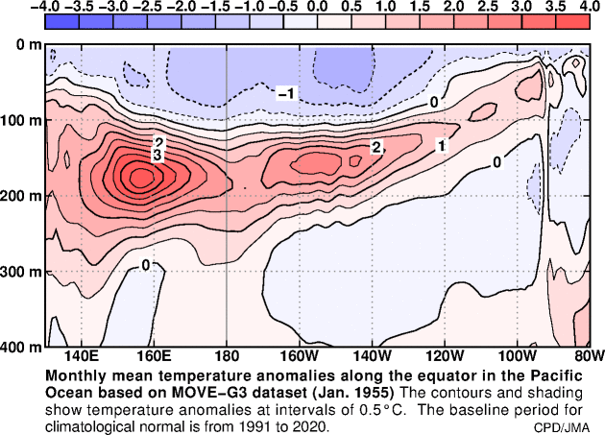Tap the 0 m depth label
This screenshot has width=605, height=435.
(22, 45)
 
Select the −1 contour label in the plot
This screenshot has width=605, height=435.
(286, 93)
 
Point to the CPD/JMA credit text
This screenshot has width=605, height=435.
(563, 425)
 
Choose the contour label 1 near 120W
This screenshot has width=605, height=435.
(441, 146)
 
